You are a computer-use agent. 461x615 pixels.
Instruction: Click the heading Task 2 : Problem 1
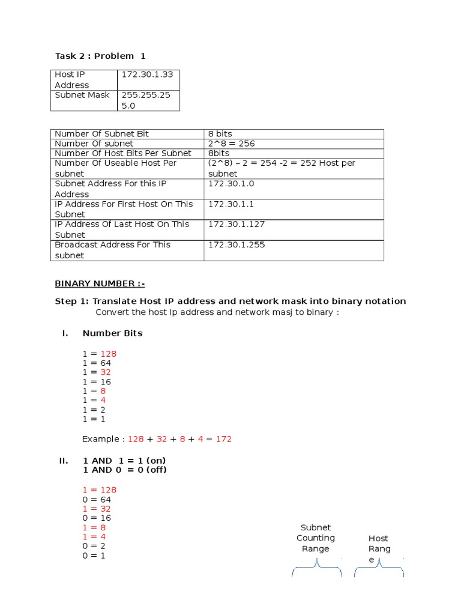point(100,56)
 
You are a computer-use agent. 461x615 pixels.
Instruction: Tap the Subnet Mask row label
point(82,95)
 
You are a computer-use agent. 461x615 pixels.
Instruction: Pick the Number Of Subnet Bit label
point(101,134)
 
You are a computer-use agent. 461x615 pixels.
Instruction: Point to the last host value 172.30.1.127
point(236,224)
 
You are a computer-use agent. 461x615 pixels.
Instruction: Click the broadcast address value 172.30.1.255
point(236,244)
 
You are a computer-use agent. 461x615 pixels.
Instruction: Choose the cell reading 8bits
point(220,153)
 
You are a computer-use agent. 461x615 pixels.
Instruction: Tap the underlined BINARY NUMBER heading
point(100,283)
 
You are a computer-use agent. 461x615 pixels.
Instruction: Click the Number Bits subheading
point(112,333)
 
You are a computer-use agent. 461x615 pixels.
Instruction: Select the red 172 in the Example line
point(223,439)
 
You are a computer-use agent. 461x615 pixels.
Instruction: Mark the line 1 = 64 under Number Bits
point(97,363)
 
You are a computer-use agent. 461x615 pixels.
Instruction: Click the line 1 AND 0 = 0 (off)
point(124,470)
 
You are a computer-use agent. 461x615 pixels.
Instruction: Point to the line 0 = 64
point(97,499)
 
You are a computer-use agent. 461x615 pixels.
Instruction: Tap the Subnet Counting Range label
point(316,538)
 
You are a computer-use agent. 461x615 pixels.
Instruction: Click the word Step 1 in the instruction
point(70,301)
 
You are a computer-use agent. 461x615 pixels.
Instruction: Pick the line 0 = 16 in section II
point(97,518)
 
